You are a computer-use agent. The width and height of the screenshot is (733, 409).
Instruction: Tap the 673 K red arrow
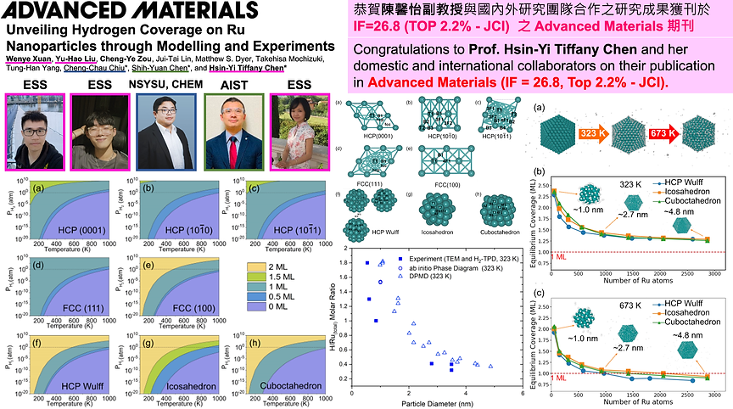click(661, 133)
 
